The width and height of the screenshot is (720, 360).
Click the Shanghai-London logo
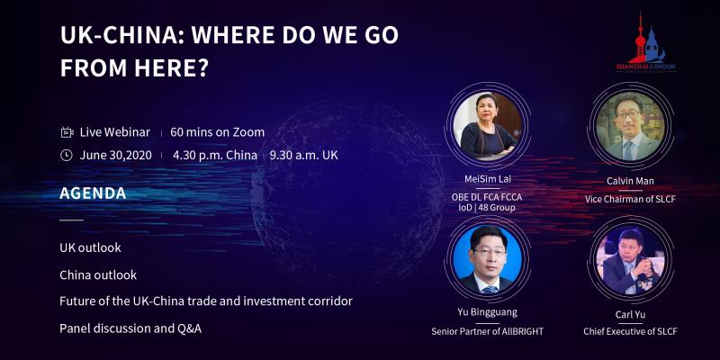[645, 43]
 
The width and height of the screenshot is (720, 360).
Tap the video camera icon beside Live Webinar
[67, 132]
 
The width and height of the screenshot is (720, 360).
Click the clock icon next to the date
[67, 155]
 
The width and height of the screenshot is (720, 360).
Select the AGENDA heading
[93, 193]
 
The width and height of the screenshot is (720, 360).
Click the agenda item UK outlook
[91, 248]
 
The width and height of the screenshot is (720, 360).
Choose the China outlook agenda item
[98, 275]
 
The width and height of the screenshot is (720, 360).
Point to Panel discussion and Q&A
[130, 328]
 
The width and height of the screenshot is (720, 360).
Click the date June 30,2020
[116, 155]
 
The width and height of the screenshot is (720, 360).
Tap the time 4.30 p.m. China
[215, 155]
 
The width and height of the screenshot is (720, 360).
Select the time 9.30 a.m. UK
[303, 155]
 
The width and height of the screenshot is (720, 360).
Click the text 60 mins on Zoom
[217, 132]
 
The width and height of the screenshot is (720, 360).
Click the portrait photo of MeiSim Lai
[487, 125]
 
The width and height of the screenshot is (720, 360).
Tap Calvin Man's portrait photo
[631, 126]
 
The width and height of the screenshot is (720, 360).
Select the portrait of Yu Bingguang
[487, 259]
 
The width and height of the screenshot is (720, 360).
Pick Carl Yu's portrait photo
[631, 261]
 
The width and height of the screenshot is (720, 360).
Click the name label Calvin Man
[630, 181]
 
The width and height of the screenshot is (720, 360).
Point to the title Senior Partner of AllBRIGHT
[487, 330]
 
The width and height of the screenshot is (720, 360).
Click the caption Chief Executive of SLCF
[630, 331]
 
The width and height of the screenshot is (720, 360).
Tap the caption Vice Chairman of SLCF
[630, 200]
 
